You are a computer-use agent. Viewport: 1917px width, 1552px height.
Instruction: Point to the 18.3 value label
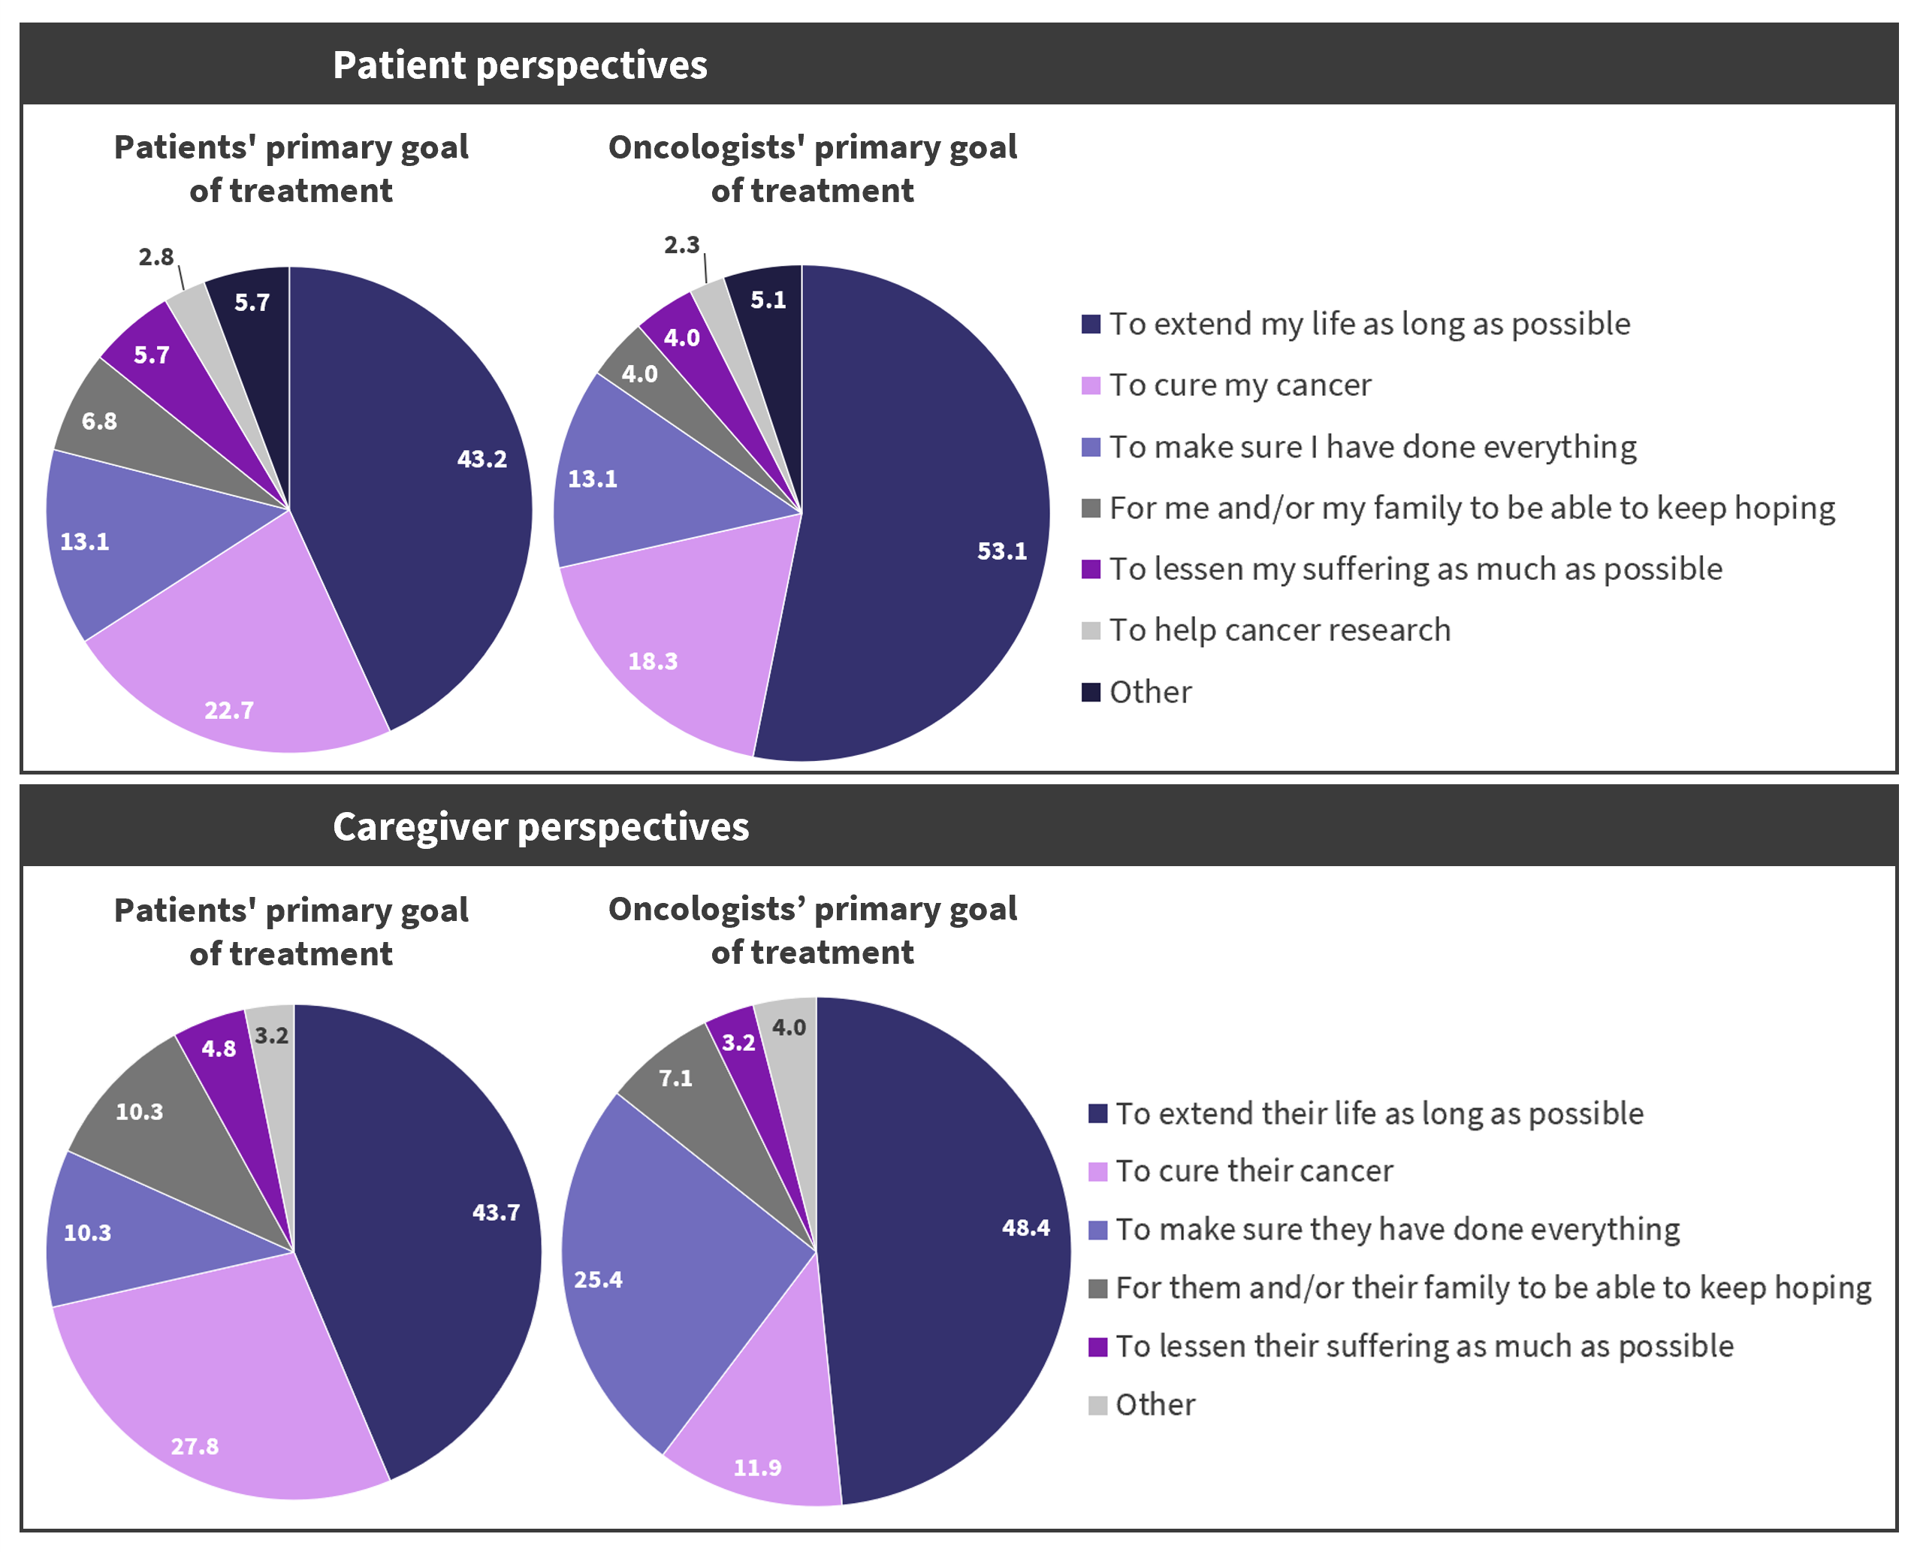click(x=653, y=662)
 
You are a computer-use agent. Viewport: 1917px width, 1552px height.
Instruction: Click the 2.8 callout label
click(x=155, y=258)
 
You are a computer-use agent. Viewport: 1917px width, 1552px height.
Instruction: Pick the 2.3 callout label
click(x=681, y=245)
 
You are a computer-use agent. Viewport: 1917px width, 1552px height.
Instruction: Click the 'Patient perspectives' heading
click(x=520, y=65)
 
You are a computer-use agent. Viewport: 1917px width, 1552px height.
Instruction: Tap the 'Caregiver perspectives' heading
click(x=540, y=827)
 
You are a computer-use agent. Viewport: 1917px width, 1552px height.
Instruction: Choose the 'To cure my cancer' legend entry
click(x=1239, y=385)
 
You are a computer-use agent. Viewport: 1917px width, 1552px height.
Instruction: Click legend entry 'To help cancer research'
click(x=1279, y=630)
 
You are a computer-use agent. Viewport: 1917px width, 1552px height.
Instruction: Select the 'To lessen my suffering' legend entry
click(x=1414, y=569)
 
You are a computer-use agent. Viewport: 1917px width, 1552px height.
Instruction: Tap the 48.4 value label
click(x=1025, y=1227)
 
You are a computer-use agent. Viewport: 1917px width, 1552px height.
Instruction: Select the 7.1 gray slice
click(x=689, y=1091)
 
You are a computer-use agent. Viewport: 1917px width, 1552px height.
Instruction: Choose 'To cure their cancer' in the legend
click(x=1254, y=1171)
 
